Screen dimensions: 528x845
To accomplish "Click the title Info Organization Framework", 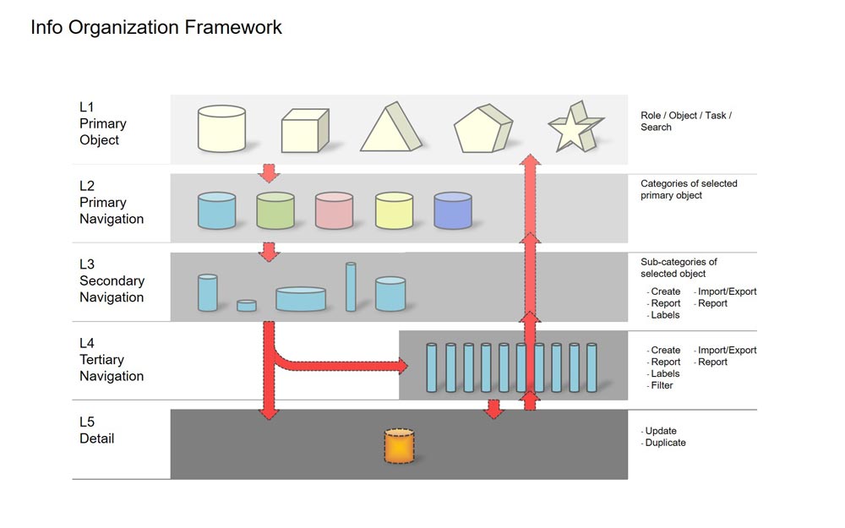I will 156,27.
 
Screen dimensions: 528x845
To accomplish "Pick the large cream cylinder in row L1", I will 221,128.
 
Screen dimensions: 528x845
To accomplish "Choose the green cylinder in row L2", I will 275,210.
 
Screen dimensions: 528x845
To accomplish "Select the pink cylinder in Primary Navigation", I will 334,210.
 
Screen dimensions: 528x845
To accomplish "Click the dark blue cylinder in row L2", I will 452,210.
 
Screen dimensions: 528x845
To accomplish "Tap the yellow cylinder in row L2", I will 393,210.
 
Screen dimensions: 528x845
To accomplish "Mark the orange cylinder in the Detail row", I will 399,445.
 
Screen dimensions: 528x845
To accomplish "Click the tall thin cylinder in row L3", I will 351,286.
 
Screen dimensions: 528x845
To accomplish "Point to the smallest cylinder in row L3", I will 247,305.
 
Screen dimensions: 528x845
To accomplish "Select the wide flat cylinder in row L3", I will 301,298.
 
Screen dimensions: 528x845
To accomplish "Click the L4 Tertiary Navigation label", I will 112,360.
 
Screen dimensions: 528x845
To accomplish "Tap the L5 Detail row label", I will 97,430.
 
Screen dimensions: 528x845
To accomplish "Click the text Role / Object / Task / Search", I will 685,121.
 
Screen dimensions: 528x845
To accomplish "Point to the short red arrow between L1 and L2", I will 269,173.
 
